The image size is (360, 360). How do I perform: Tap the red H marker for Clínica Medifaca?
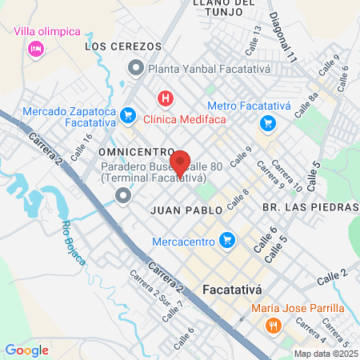(166, 98)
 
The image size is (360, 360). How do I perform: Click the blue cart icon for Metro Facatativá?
(266, 124)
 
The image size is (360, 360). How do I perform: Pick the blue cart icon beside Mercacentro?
(227, 239)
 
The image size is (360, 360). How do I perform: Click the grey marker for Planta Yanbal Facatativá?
(135, 69)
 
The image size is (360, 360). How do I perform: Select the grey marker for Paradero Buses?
(122, 195)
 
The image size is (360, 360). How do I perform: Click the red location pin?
(180, 164)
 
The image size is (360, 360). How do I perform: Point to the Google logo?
(26, 350)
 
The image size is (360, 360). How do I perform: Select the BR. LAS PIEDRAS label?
(309, 207)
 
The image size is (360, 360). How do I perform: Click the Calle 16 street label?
(82, 148)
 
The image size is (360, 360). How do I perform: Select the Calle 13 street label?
(256, 35)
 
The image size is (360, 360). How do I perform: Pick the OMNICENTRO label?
(136, 151)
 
